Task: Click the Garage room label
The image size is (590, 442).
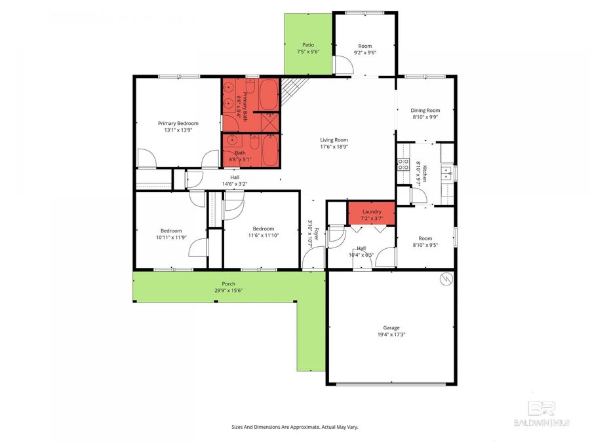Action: pyautogui.click(x=391, y=327)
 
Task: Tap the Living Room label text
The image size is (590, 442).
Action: pyautogui.click(x=334, y=139)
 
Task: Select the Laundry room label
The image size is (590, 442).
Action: pyautogui.click(x=372, y=212)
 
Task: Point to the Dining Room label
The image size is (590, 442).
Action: pyautogui.click(x=425, y=111)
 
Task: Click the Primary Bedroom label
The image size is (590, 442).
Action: pyautogui.click(x=178, y=123)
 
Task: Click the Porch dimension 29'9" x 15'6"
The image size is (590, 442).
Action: pyautogui.click(x=228, y=290)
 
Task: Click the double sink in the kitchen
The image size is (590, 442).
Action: pyautogui.click(x=446, y=172)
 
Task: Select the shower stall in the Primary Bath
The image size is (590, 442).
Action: pyautogui.click(x=269, y=122)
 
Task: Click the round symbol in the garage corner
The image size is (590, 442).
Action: pyautogui.click(x=446, y=280)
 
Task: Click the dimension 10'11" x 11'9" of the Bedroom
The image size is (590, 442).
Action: pyautogui.click(x=171, y=237)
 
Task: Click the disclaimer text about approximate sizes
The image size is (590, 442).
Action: pyautogui.click(x=294, y=427)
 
